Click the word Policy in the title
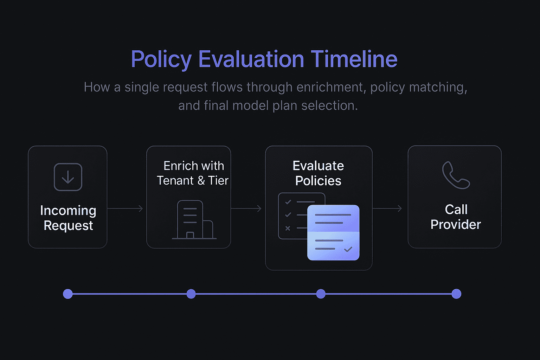point(161,59)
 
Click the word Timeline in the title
point(354,59)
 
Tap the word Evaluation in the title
point(251,59)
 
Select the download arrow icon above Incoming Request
point(68,177)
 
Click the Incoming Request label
point(68,218)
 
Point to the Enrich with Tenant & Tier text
point(193,173)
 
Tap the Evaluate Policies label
point(318,173)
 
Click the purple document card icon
point(333,233)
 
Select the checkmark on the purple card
point(348,249)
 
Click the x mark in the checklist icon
point(288,228)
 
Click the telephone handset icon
point(456,175)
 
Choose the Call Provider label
point(456,217)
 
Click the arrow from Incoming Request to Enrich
point(126,208)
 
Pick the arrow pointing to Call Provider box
point(387,208)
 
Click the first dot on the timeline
point(68,294)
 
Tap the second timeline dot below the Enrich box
point(191,294)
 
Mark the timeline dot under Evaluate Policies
point(321,294)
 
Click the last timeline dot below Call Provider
point(456,294)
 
